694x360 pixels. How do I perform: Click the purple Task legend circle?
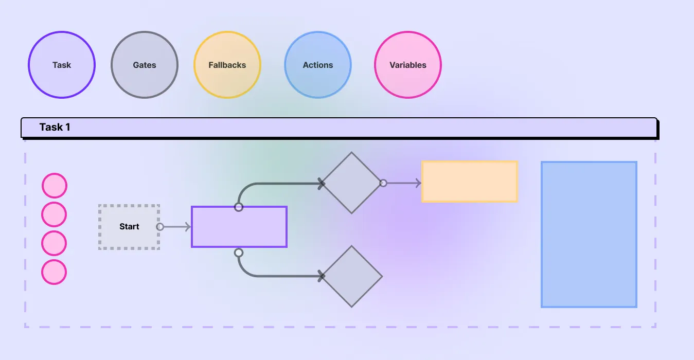tap(62, 65)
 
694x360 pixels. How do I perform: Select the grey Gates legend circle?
tap(145, 65)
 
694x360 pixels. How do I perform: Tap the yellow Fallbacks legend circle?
tap(227, 65)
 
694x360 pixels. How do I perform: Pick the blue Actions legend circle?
tap(318, 65)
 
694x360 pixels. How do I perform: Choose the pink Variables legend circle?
tap(408, 65)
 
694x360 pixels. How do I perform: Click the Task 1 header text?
tap(55, 127)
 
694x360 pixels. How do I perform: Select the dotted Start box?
tap(129, 227)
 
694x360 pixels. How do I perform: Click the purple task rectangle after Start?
tap(239, 227)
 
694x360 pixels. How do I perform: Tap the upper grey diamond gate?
tap(351, 183)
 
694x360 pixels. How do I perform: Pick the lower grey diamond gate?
tap(351, 276)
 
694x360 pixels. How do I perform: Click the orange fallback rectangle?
tap(470, 182)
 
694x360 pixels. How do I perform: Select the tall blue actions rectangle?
tap(589, 235)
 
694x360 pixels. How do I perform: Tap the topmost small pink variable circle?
tap(54, 186)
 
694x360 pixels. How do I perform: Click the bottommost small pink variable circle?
tap(54, 272)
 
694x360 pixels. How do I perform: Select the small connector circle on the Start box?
tap(160, 227)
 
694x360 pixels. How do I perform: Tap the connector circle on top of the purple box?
tap(239, 207)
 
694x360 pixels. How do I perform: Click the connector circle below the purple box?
tap(239, 253)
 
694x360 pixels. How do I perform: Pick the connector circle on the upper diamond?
tap(383, 183)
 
